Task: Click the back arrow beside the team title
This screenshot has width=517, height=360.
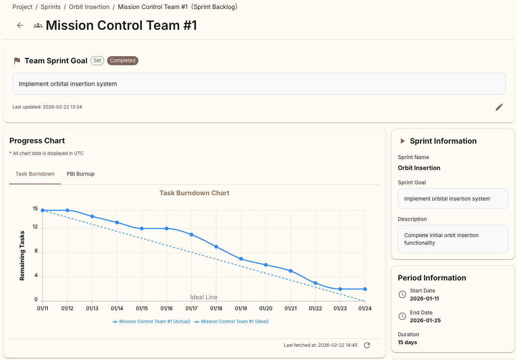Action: click(x=20, y=25)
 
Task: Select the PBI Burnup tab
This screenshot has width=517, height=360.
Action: click(x=80, y=174)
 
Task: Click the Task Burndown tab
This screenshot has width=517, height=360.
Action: click(x=35, y=174)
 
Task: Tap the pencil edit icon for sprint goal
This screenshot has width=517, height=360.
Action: click(x=499, y=107)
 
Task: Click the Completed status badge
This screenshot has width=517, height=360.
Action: click(x=123, y=61)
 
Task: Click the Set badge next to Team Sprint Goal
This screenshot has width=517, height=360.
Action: click(x=97, y=61)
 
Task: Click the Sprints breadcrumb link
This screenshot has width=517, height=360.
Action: click(x=51, y=7)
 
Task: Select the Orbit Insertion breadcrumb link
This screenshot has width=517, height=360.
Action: click(x=89, y=7)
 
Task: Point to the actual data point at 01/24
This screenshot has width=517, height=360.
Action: click(x=365, y=289)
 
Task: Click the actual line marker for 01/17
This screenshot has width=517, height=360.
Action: click(x=192, y=234)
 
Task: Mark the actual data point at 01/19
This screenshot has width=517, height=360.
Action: click(x=241, y=259)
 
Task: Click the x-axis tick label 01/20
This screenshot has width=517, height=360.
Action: click(x=265, y=308)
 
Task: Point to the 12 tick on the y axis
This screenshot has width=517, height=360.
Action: click(x=35, y=227)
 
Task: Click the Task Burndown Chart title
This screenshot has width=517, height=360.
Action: click(x=194, y=193)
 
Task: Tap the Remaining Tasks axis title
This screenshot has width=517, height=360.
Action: click(x=22, y=256)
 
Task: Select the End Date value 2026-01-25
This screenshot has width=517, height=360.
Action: click(x=425, y=320)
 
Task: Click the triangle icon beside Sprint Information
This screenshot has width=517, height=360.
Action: click(x=402, y=141)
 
